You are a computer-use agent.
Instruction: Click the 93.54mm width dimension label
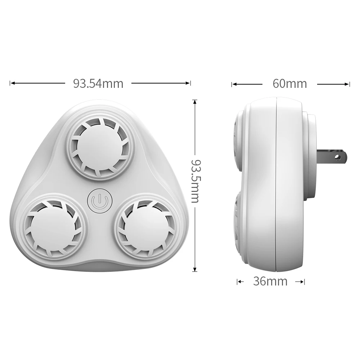98,84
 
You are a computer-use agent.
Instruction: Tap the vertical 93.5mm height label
195,181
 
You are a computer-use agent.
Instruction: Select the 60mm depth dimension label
290,84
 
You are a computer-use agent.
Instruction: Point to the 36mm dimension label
270,281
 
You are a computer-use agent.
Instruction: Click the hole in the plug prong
338,157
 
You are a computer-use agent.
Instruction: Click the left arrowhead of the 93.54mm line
12,83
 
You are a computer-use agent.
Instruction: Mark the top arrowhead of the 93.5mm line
195,102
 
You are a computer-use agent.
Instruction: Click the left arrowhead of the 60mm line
234,84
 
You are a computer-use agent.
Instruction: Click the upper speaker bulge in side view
238,140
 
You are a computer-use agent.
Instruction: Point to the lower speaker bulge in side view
238,220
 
